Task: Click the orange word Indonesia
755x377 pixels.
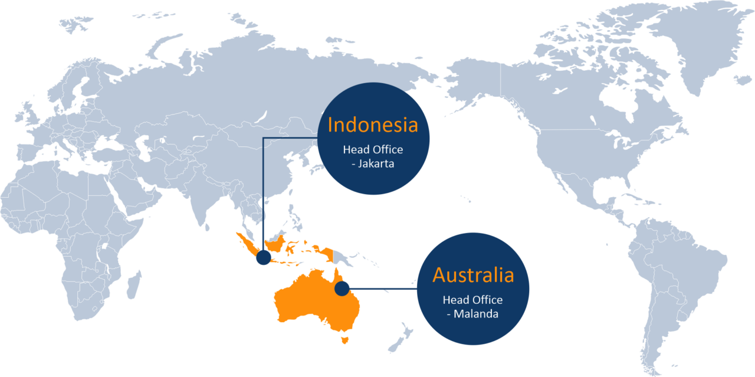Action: (x=373, y=125)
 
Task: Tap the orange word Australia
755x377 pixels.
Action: (x=473, y=275)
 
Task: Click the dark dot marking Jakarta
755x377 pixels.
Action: (x=263, y=258)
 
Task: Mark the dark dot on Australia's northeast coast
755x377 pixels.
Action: (x=341, y=289)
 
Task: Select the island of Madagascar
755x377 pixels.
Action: (x=135, y=282)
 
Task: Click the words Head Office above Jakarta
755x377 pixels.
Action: (x=373, y=150)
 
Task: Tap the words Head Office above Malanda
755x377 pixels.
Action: (x=472, y=300)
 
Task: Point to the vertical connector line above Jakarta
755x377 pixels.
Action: (x=263, y=195)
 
